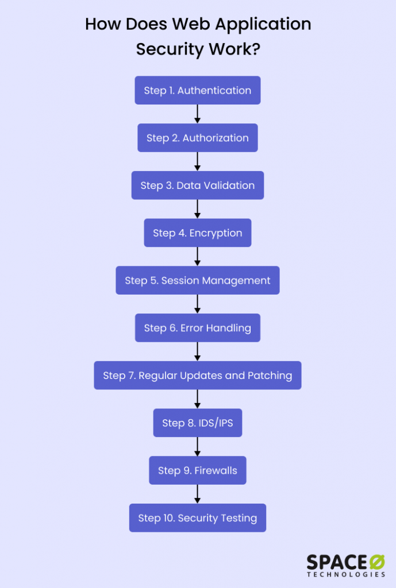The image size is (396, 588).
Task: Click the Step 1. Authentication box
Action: click(197, 90)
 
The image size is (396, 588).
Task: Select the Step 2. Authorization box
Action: click(197, 138)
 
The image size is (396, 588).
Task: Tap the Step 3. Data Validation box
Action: click(197, 185)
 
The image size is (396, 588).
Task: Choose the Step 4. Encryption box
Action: click(197, 233)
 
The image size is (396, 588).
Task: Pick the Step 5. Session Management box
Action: click(197, 280)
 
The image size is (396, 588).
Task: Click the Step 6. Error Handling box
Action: click(197, 328)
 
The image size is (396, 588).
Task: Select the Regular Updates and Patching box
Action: click(197, 376)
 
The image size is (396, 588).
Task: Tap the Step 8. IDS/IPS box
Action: click(197, 423)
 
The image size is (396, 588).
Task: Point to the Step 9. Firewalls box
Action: click(197, 470)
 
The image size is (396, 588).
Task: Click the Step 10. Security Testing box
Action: click(197, 518)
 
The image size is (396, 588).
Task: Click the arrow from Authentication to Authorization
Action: click(197, 114)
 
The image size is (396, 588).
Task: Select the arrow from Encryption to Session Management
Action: click(197, 256)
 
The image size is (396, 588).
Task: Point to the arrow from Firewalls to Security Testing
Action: click(197, 494)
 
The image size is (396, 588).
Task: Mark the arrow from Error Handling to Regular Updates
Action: click(197, 351)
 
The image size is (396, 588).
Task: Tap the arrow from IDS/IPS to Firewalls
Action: click(197, 446)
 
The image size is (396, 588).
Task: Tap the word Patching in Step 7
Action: click(270, 376)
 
